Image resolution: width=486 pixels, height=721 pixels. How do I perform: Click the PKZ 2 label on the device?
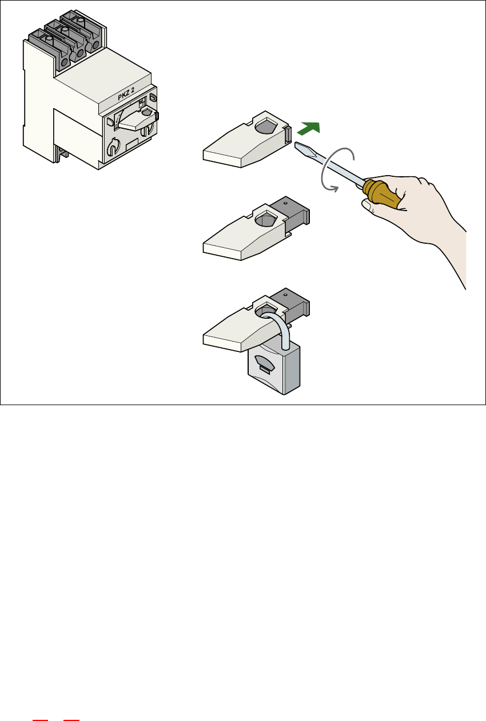[x=126, y=94]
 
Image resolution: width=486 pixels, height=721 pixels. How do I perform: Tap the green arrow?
[x=309, y=128]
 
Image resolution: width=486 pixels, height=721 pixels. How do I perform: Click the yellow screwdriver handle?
[x=382, y=192]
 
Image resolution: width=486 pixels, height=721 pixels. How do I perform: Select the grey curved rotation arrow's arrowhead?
[x=335, y=189]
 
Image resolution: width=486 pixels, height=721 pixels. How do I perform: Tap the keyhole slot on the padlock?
[x=264, y=370]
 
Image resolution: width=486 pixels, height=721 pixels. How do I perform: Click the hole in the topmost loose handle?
[x=266, y=125]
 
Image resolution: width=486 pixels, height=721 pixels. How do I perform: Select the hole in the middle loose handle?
[x=266, y=218]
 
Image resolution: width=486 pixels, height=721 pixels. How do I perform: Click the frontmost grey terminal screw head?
[x=49, y=39]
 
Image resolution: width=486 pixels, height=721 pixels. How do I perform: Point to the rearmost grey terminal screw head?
[x=81, y=21]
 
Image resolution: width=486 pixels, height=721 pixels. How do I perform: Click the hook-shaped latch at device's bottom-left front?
[x=113, y=148]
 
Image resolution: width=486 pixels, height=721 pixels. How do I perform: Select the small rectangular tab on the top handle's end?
[x=288, y=134]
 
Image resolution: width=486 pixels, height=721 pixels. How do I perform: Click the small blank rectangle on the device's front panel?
[x=132, y=145]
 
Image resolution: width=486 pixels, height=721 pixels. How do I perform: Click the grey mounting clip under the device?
[x=61, y=154]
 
